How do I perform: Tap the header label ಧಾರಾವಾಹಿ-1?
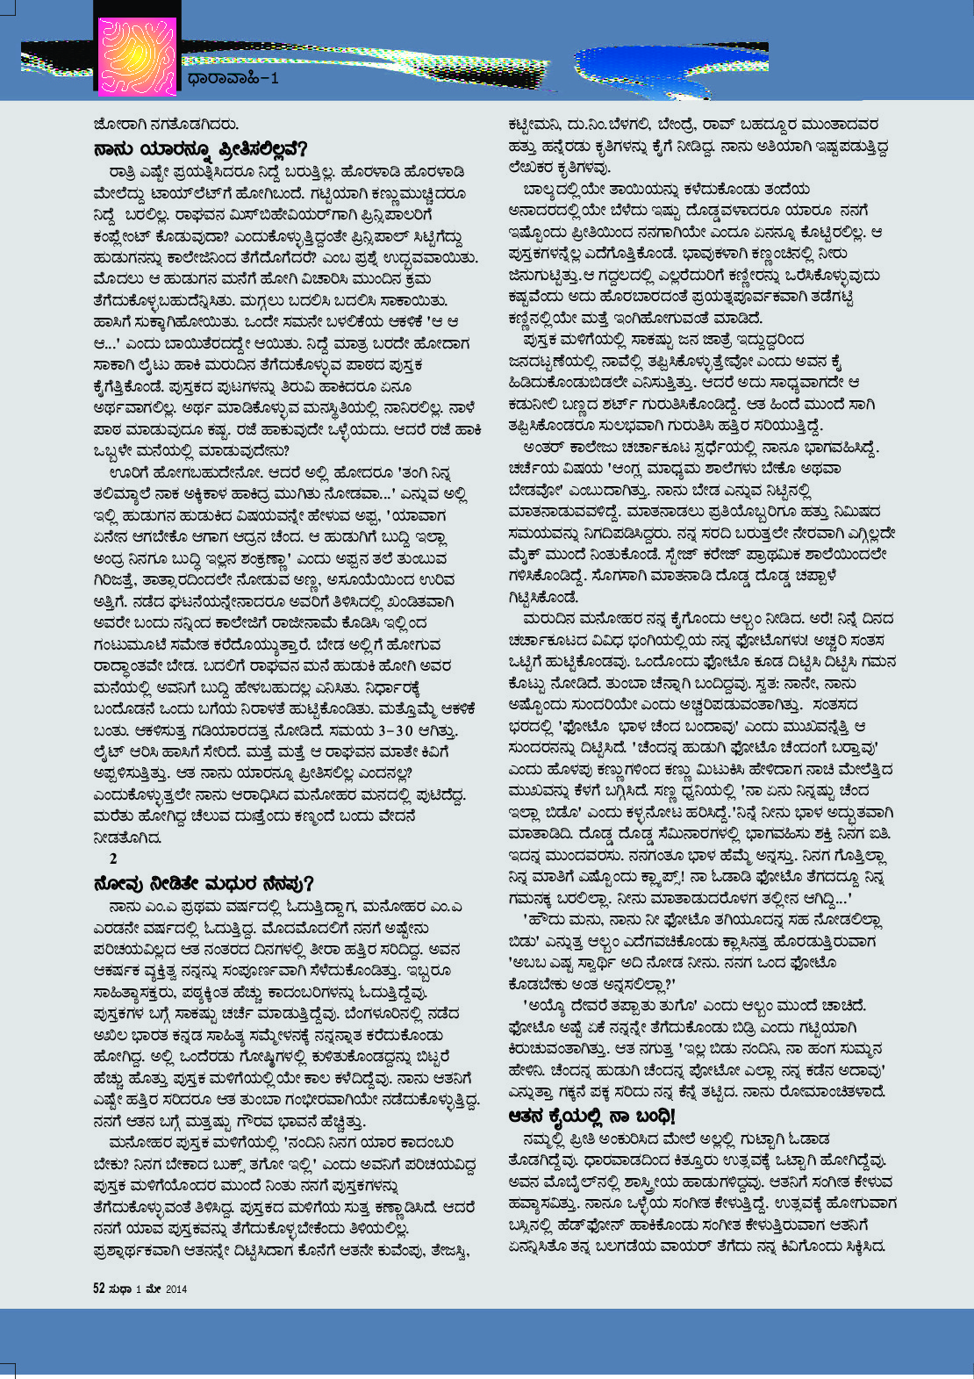(233, 79)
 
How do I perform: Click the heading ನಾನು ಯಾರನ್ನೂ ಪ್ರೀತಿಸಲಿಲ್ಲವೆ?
(201, 148)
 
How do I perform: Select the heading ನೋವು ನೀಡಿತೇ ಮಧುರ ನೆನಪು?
(204, 883)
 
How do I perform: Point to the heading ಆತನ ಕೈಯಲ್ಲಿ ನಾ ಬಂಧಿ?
(592, 1117)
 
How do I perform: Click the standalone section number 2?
(112, 858)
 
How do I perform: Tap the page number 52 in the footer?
(99, 1289)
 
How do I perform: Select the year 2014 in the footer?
(175, 1289)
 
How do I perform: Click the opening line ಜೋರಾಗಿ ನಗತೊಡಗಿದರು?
(166, 125)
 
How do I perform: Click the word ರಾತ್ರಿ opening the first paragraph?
(127, 172)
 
